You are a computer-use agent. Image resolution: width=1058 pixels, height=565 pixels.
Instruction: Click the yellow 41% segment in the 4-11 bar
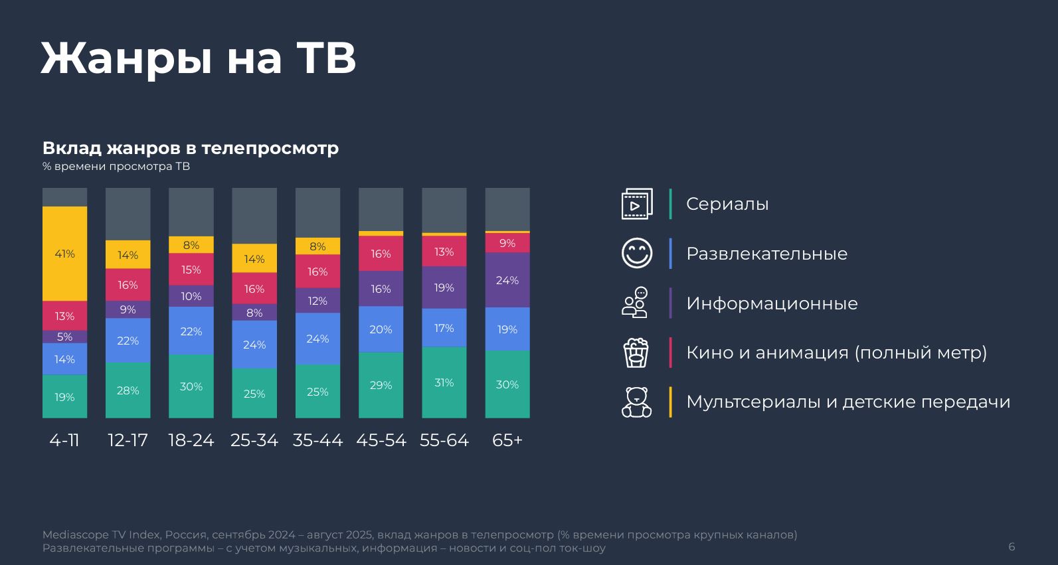(x=64, y=254)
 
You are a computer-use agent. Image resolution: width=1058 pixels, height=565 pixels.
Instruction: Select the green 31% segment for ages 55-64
(x=444, y=382)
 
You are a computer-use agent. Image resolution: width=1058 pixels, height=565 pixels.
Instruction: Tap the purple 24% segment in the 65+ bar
(x=507, y=280)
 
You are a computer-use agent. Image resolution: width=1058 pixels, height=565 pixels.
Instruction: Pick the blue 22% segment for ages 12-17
(x=128, y=341)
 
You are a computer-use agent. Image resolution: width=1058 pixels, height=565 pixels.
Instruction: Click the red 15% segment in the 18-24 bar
(x=191, y=270)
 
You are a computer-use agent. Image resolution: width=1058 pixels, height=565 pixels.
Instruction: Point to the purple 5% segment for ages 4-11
(x=64, y=337)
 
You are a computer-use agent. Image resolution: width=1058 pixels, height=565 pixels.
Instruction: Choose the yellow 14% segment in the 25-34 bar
(x=254, y=259)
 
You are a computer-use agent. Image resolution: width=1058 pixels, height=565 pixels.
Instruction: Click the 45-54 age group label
(x=381, y=440)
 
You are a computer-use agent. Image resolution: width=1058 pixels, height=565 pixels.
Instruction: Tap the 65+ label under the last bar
(x=507, y=440)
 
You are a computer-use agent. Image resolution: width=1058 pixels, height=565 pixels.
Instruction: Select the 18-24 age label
(x=191, y=440)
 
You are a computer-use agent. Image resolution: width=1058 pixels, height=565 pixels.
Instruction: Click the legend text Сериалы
(x=727, y=204)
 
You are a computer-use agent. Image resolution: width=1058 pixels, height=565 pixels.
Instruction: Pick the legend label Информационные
(x=772, y=303)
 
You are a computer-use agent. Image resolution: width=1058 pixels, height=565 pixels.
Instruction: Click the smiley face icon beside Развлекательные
(x=637, y=253)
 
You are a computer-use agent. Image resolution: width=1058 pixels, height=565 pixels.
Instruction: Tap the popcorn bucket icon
(x=636, y=353)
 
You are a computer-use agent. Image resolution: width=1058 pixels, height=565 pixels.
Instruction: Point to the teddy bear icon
(x=636, y=402)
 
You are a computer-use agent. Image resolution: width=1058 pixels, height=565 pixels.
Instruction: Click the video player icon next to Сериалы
(x=636, y=204)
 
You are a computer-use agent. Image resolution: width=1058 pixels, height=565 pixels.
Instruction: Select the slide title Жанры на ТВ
(x=199, y=58)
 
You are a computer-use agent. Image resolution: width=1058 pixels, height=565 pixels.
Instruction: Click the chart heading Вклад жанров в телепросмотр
(x=191, y=148)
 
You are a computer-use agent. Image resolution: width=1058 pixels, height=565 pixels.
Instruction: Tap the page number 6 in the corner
(x=1012, y=547)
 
